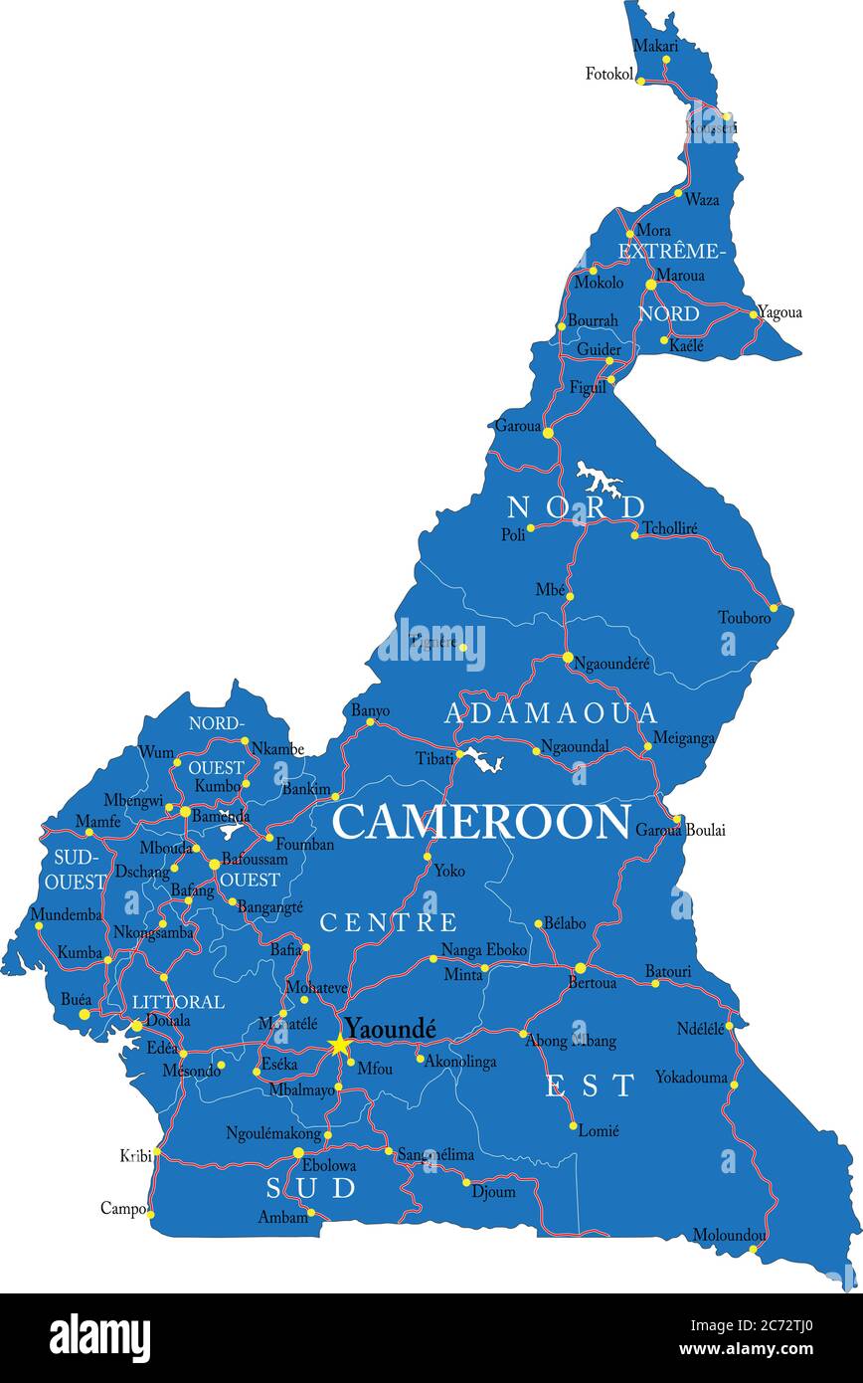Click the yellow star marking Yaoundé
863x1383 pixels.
point(340,1044)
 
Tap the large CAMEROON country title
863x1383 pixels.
point(481,822)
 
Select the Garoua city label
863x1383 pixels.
point(517,425)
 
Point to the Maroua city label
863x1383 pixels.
point(680,275)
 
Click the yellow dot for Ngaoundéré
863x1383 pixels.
point(568,658)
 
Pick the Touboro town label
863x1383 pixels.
point(745,618)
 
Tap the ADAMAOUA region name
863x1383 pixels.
point(551,713)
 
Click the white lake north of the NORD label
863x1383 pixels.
point(599,480)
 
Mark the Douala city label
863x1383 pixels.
point(168,1020)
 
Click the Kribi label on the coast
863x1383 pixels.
point(135,1155)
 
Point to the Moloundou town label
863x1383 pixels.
point(730,1235)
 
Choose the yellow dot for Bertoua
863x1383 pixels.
point(581,968)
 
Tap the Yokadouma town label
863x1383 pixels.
point(691,1077)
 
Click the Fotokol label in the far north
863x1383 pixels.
point(609,74)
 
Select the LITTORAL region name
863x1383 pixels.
point(178,1001)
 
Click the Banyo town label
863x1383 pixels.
point(370,710)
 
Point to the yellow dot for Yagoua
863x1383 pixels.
point(755,314)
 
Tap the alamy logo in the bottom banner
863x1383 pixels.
point(100,1338)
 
